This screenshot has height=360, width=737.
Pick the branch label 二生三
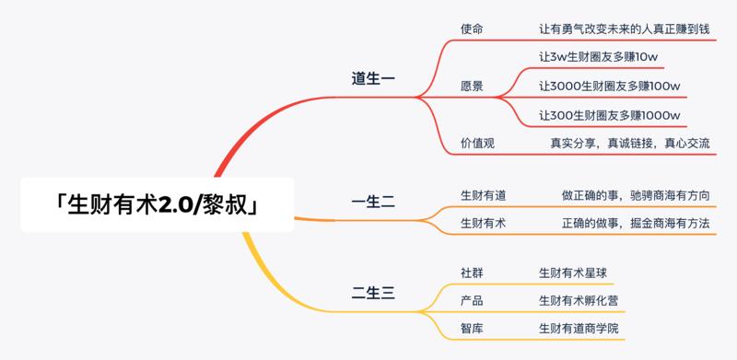pos(373,294)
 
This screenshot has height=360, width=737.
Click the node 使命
pos(471,29)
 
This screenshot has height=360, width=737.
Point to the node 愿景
pos(471,87)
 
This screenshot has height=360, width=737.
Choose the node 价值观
pos(477,143)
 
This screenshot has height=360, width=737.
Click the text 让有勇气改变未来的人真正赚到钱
pos(624,29)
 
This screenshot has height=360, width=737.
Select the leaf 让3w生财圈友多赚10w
pos(598,57)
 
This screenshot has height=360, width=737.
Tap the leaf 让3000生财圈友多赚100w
pos(609,87)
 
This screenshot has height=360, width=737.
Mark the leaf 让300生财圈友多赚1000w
pos(609,115)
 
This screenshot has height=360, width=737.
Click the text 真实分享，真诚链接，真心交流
pos(630,143)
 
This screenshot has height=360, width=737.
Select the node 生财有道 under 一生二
pos(483,195)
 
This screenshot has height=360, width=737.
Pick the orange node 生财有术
pos(483,223)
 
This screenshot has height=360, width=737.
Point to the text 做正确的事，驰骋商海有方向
pos(636,195)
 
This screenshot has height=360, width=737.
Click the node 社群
pos(471,273)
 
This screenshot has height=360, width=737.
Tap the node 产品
pos(471,300)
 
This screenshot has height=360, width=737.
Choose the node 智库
pos(471,328)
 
